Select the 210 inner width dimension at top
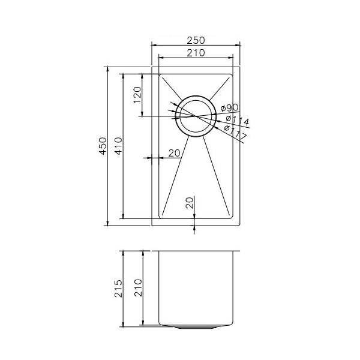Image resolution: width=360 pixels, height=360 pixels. [196, 52]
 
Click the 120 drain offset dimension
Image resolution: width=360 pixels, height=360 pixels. [137, 95]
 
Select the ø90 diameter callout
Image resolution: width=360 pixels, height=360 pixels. [230, 107]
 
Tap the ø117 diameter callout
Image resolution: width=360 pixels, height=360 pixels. [235, 133]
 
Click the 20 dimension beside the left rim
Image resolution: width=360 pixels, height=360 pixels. [174, 153]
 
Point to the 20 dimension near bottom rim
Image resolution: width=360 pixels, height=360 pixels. [190, 202]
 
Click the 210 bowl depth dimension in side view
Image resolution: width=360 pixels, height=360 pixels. [137, 289]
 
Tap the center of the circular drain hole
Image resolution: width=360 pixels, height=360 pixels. [194, 116]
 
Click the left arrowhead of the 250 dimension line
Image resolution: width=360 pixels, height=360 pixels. [154, 45]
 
